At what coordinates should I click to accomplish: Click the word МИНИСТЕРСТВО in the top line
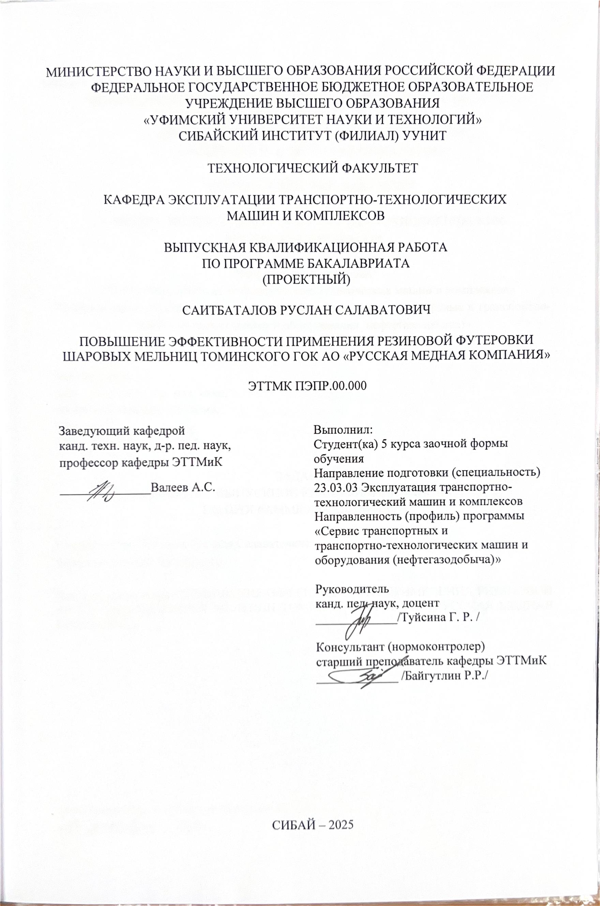tap(95, 72)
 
